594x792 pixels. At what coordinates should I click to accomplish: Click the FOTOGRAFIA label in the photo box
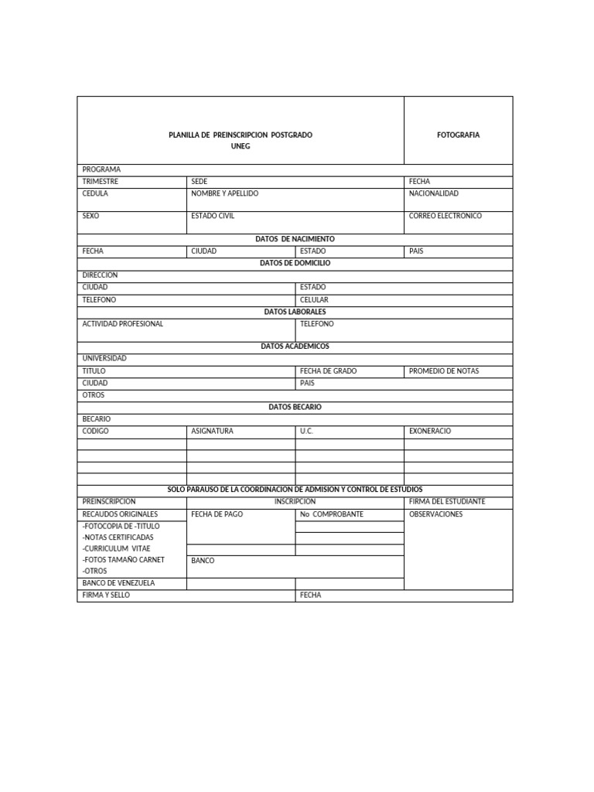[x=458, y=135]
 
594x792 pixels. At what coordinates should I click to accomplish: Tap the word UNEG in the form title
[x=241, y=146]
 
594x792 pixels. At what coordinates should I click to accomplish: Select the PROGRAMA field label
[x=101, y=169]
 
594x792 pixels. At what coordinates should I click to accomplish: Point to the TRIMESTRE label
[x=101, y=182]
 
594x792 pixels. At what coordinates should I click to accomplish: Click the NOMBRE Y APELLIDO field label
[x=224, y=193]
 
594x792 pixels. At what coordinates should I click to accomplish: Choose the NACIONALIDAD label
[x=433, y=193]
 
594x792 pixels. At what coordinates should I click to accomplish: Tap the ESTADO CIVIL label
[x=212, y=217]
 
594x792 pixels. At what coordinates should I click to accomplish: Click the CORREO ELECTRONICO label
[x=445, y=217]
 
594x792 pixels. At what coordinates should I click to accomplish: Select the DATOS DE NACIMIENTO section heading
[x=295, y=240]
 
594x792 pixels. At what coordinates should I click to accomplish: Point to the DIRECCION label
[x=100, y=275]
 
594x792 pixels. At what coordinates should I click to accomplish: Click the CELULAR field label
[x=314, y=299]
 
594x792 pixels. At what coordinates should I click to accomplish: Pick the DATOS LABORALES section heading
[x=295, y=312]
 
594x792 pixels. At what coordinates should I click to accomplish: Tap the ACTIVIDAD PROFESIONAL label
[x=122, y=324]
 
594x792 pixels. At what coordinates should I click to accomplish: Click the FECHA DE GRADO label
[x=328, y=371]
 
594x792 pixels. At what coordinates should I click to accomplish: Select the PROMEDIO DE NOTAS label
[x=443, y=371]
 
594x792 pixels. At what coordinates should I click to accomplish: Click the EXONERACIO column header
[x=429, y=431]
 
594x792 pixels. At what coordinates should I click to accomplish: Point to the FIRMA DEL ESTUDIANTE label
[x=447, y=502]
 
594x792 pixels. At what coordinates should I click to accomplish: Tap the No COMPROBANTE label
[x=331, y=514]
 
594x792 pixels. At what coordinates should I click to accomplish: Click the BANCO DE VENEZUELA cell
[x=118, y=583]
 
